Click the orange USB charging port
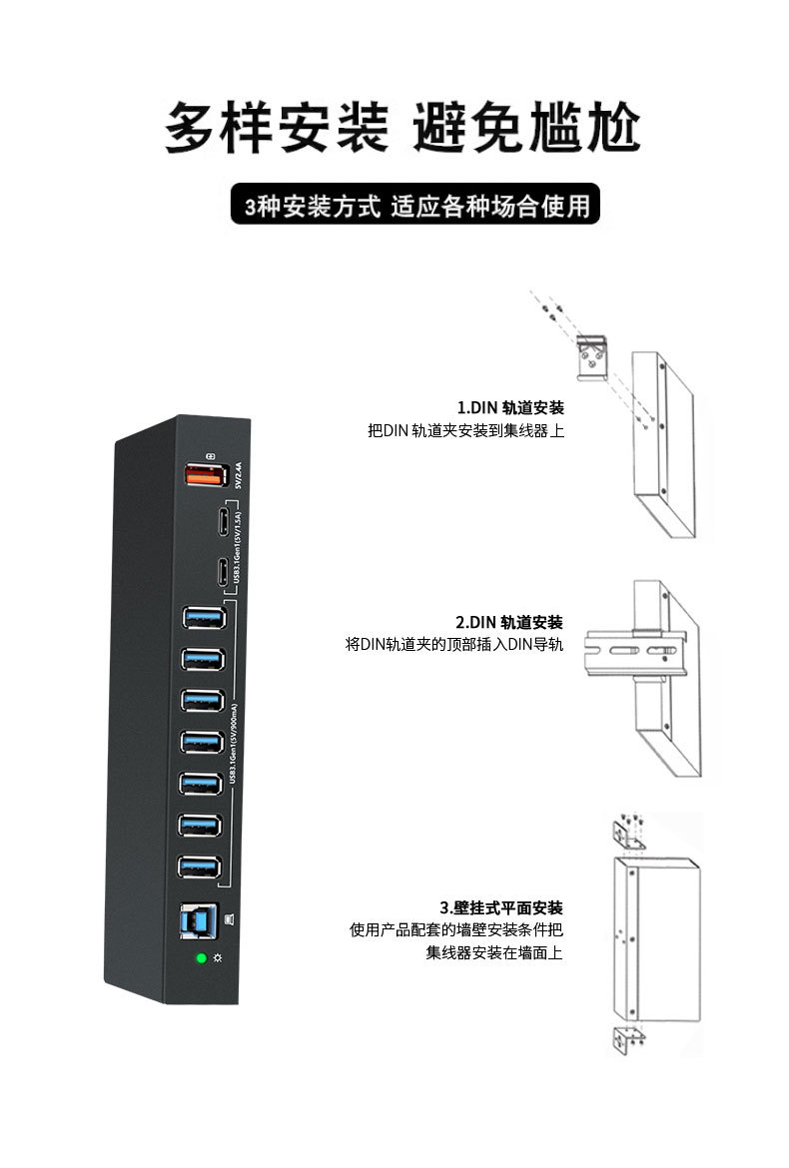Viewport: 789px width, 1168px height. [204, 477]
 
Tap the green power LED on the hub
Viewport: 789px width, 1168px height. [201, 958]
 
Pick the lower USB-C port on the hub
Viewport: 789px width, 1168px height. [220, 572]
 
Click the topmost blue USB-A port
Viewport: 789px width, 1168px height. [204, 618]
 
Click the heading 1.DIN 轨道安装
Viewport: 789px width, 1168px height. [509, 407]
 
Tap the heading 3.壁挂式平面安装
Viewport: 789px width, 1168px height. [501, 907]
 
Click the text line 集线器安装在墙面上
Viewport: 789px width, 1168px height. [494, 953]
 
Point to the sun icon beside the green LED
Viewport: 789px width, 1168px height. [217, 958]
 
